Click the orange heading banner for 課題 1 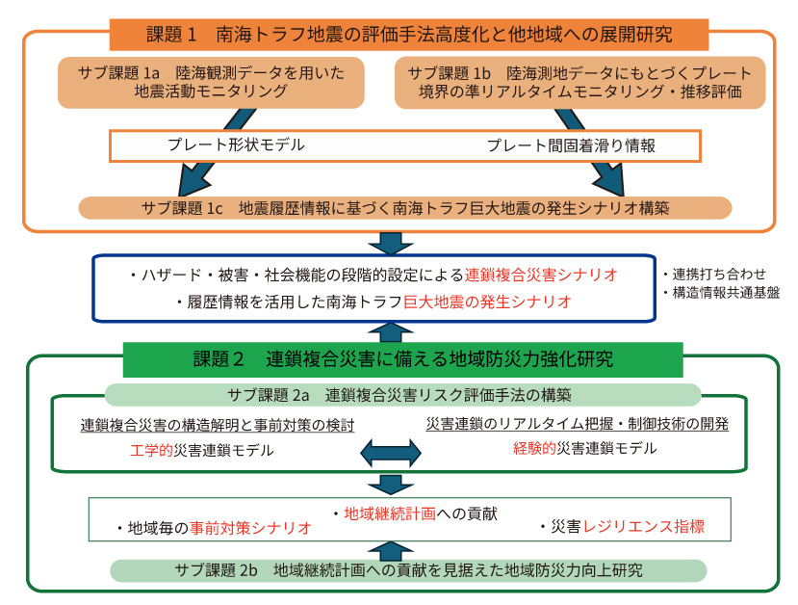409,34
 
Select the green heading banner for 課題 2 402,360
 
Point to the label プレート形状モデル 236,145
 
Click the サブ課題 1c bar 405,207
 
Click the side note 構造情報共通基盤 721,293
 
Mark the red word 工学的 151,450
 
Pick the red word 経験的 534,448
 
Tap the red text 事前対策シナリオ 249,528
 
